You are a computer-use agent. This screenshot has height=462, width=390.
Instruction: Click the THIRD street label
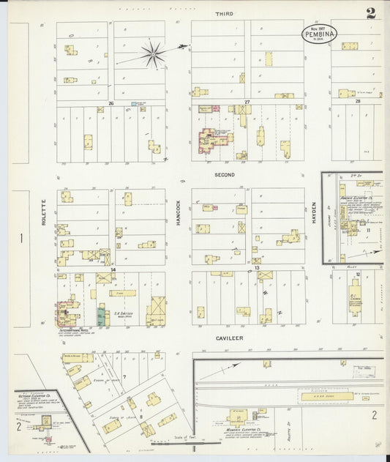[x=224, y=13]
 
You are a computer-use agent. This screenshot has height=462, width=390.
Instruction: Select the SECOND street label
[x=224, y=175]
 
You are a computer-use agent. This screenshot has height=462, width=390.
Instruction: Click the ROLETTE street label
[x=44, y=212]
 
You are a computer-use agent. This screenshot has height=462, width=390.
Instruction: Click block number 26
[x=111, y=103]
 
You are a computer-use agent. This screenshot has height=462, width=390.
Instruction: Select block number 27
[x=247, y=103]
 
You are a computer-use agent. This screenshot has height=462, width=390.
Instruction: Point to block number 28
[x=358, y=102]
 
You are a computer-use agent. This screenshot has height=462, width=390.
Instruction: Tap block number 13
[x=258, y=269]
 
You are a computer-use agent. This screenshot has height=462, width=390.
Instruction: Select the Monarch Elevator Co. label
[x=239, y=430]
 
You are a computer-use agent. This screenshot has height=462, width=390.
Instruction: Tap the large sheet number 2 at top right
[x=372, y=12]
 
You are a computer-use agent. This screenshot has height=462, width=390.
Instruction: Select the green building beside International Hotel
[x=101, y=316]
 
